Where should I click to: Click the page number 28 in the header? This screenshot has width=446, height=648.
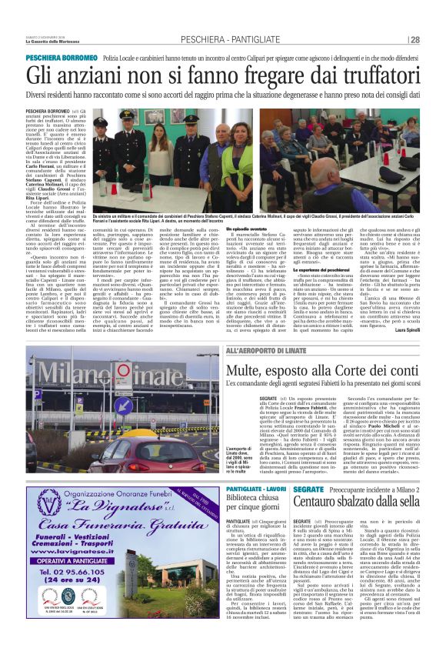pyautogui.click(x=436, y=39)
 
